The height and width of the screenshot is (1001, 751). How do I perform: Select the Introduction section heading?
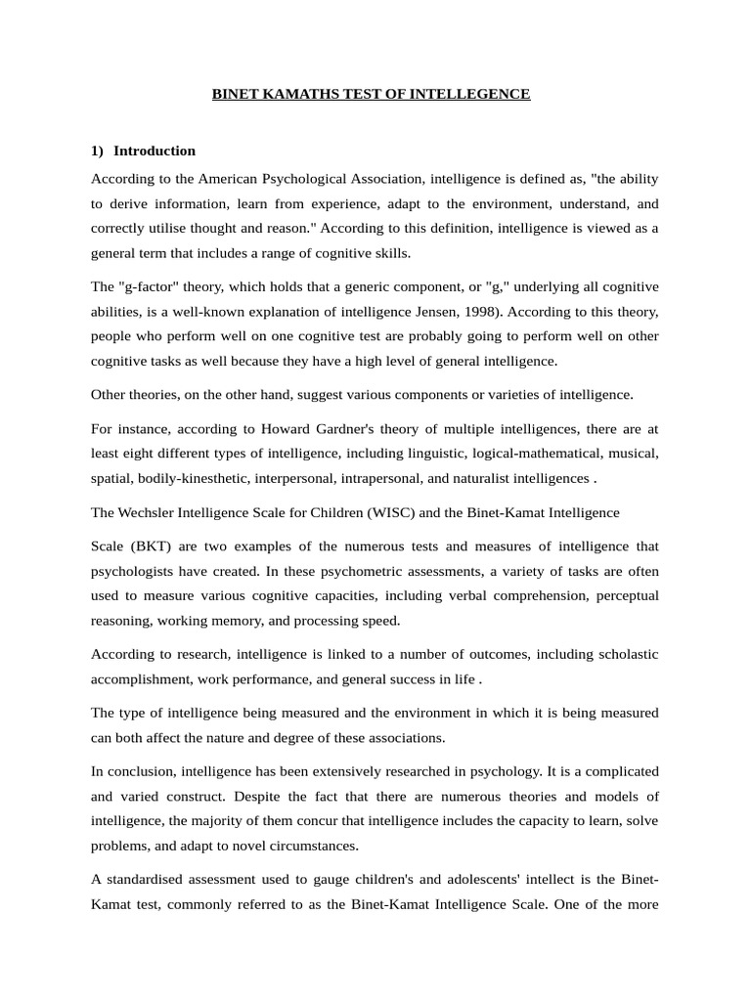point(155,151)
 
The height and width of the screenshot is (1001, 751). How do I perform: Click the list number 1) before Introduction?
point(98,151)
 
